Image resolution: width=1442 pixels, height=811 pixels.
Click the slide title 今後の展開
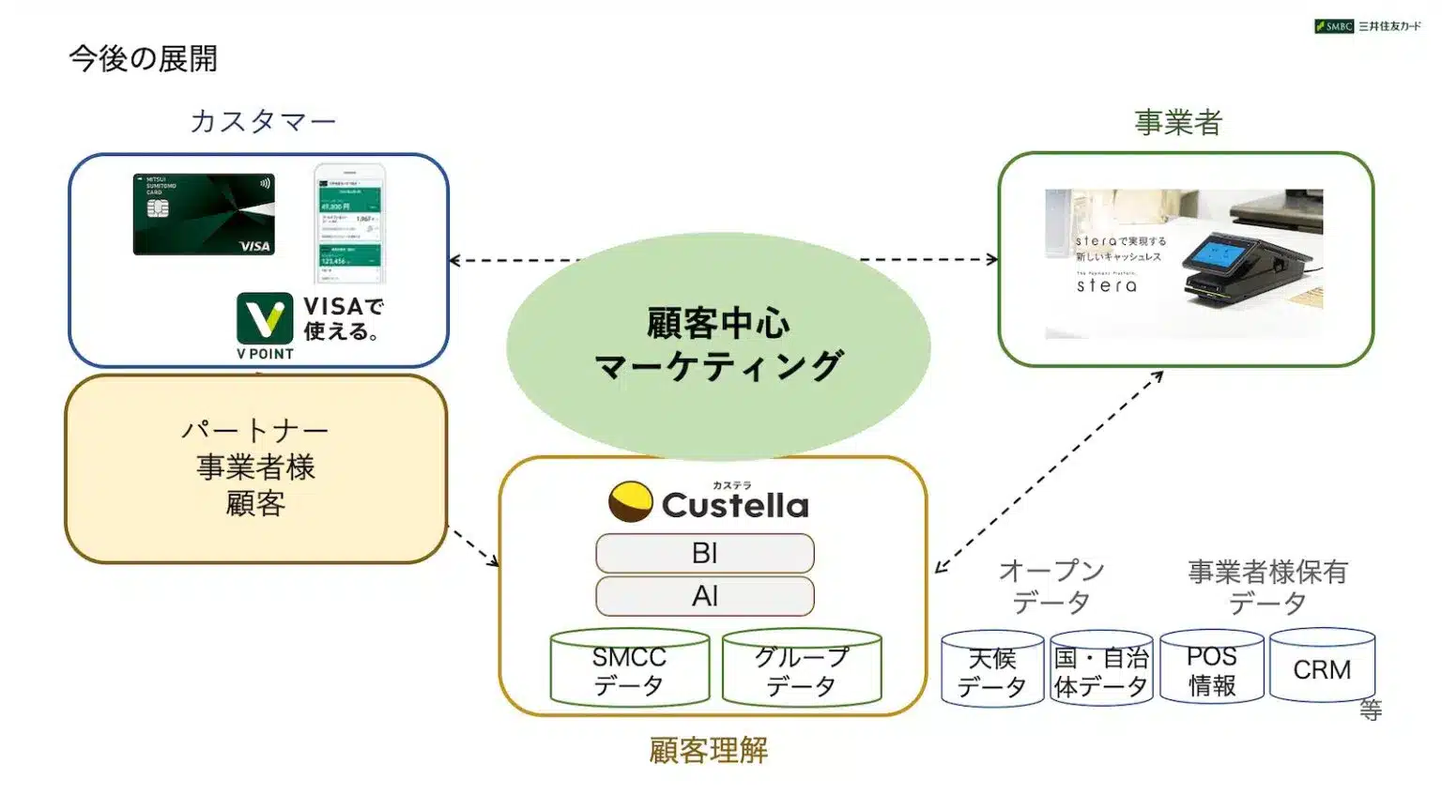tap(143, 59)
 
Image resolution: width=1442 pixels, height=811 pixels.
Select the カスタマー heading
tap(263, 121)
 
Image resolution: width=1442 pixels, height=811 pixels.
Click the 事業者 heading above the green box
tap(1178, 122)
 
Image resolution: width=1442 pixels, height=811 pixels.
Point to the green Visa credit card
tap(204, 214)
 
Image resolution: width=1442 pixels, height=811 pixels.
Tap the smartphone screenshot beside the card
tap(349, 223)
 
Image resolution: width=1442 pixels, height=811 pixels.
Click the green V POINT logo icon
tap(265, 319)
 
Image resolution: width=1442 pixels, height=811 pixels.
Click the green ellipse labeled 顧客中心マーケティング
tap(718, 345)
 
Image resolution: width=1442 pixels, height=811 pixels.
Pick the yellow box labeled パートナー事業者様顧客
tap(255, 468)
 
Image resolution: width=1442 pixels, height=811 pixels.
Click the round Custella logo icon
tap(630, 502)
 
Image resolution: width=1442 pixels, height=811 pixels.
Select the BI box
tap(704, 554)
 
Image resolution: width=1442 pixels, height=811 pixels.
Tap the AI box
tap(704, 596)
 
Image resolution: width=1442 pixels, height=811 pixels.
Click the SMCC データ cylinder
tap(629, 669)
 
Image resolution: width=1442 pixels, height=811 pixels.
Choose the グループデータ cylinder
tap(802, 669)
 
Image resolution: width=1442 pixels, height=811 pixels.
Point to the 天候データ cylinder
tap(992, 670)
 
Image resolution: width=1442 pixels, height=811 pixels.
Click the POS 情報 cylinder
tap(1211, 668)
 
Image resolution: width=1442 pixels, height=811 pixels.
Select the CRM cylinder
tap(1322, 667)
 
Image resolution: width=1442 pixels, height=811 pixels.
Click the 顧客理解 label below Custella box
tap(709, 750)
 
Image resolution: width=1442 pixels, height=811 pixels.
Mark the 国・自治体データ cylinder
tap(1101, 670)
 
